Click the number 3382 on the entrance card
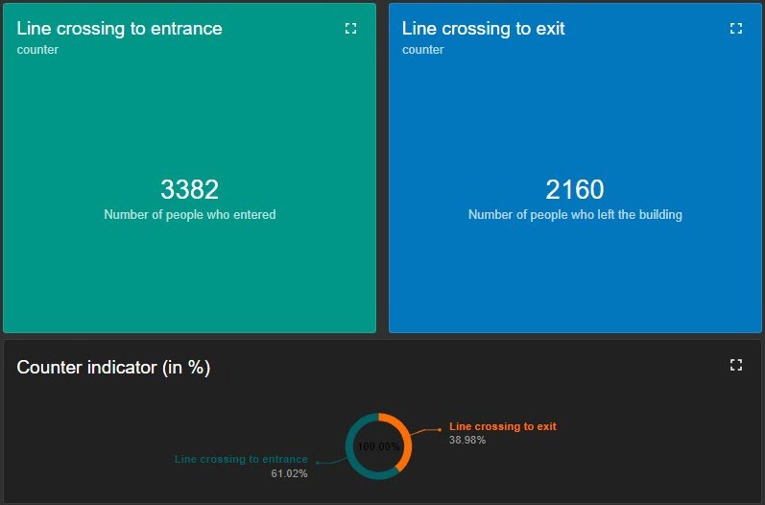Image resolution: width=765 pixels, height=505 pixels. click(189, 189)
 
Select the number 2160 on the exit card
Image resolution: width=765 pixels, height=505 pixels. click(575, 189)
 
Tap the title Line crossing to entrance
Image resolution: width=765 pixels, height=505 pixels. click(119, 29)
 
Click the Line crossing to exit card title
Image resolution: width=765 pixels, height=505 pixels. click(483, 29)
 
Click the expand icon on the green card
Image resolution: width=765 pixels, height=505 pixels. click(350, 29)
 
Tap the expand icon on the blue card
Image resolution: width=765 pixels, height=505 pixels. click(736, 29)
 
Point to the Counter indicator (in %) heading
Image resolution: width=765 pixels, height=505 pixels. click(113, 368)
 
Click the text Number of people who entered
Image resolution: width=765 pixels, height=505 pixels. click(189, 215)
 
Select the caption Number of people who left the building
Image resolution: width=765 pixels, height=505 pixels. click(575, 215)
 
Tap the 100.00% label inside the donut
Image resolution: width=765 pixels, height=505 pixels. click(378, 446)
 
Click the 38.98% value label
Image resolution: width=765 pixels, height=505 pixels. click(467, 440)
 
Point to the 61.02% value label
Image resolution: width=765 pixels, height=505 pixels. click(290, 473)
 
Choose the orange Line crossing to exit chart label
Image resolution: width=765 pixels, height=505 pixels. click(502, 426)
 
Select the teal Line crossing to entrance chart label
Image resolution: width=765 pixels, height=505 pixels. click(241, 460)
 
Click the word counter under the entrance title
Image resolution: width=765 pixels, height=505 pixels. click(37, 50)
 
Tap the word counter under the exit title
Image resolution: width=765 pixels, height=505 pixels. click(422, 50)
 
